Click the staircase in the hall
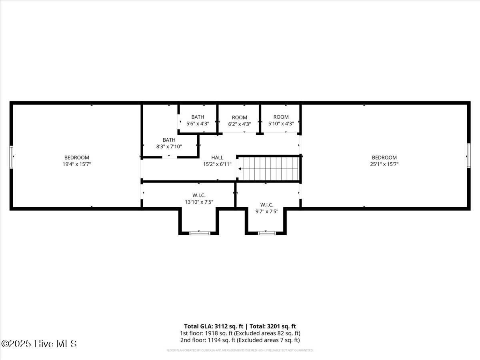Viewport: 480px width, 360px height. click(269, 169)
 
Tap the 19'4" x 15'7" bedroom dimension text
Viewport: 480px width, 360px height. click(77, 164)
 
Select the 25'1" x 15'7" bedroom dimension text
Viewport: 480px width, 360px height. click(384, 164)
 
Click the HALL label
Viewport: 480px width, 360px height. click(217, 158)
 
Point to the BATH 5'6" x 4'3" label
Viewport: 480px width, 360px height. click(198, 120)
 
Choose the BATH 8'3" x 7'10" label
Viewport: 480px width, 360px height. click(169, 143)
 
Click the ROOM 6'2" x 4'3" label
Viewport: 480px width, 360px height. click(240, 121)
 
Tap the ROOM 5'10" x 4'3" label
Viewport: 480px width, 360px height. click(281, 120)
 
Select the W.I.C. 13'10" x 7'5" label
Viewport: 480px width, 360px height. click(199, 199)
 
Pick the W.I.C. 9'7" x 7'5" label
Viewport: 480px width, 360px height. click(267, 208)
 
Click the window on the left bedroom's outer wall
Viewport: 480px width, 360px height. click(12, 157)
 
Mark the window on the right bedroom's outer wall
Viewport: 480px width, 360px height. click(468, 156)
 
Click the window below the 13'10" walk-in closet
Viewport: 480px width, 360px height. click(199, 233)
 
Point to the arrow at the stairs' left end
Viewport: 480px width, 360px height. click(240, 169)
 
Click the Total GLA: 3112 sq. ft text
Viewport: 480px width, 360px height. click(213, 326)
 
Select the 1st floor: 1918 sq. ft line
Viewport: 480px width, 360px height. click(240, 333)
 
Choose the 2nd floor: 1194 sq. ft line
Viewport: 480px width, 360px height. click(240, 340)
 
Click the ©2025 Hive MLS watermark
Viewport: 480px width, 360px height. click(39, 344)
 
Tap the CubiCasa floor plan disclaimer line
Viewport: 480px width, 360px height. click(240, 350)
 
